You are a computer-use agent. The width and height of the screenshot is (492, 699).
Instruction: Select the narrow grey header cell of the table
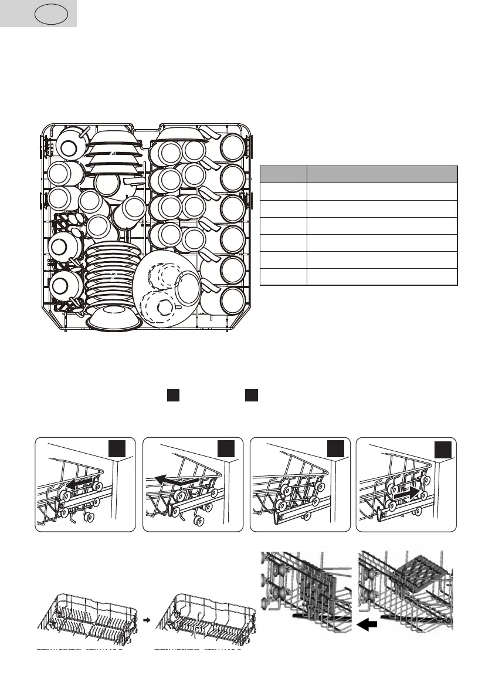click(283, 174)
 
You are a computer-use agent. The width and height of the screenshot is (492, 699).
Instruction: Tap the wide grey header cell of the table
click(382, 174)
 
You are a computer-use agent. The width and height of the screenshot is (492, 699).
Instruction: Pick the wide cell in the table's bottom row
click(382, 277)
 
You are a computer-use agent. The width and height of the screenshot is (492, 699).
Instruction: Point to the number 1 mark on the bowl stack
click(116, 154)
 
